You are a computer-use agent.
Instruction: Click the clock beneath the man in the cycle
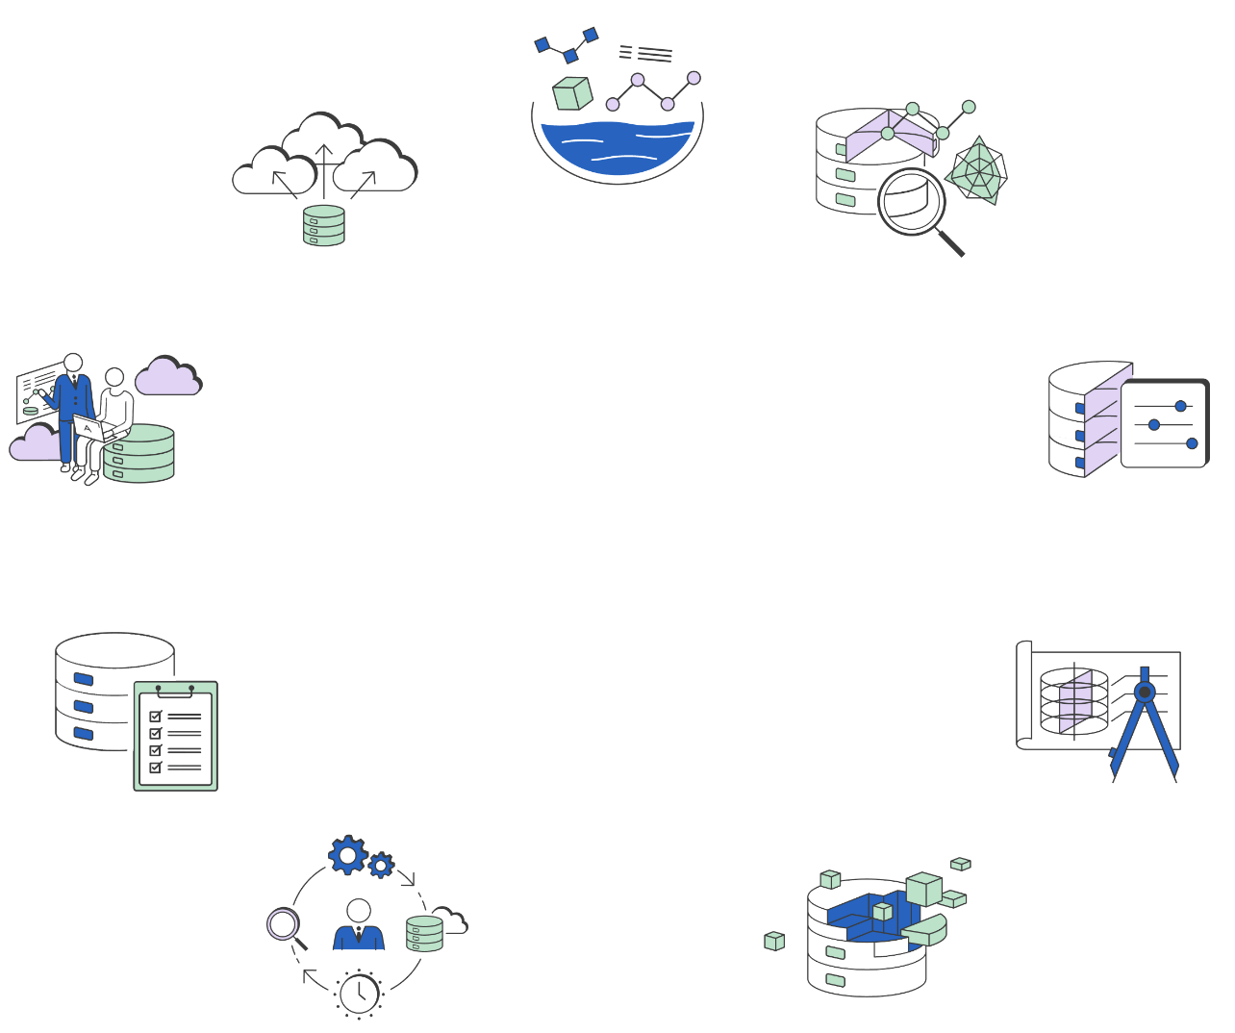point(360,993)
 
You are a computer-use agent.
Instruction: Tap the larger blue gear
point(347,854)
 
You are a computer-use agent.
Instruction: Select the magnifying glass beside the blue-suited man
point(284,925)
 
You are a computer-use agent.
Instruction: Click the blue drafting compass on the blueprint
point(1145,721)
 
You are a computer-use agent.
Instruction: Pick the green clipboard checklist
point(176,736)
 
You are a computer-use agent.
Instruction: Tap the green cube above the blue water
point(572,93)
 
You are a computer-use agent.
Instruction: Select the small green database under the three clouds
point(324,226)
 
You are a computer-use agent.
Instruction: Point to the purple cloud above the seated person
point(167,377)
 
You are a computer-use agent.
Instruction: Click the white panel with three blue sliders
point(1164,424)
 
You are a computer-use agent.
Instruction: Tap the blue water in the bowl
point(617,147)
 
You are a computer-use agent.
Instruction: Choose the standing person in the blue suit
point(73,409)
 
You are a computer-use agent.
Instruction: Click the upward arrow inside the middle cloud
point(324,164)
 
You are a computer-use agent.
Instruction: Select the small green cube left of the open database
point(774,941)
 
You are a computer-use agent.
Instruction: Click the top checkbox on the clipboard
point(155,717)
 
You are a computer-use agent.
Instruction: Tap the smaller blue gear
point(381,866)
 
